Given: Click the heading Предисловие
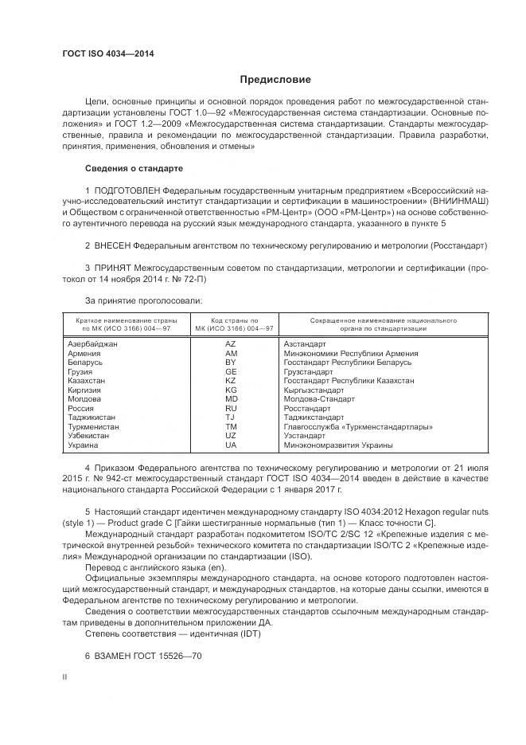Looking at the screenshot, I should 275,80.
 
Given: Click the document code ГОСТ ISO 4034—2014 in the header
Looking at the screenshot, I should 108,53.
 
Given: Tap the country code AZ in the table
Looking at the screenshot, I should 231,343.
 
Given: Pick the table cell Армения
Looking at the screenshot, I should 84,353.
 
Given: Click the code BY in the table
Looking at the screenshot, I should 231,362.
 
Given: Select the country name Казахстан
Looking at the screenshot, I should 87,381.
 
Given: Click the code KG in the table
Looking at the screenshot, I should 231,390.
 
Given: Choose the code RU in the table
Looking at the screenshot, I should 231,409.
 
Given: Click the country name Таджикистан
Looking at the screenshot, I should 92,418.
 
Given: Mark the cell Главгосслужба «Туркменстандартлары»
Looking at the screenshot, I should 358,427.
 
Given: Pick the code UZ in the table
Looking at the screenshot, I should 231,436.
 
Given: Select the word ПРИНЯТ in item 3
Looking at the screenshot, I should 112,269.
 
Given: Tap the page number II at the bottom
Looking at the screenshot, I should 65,676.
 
